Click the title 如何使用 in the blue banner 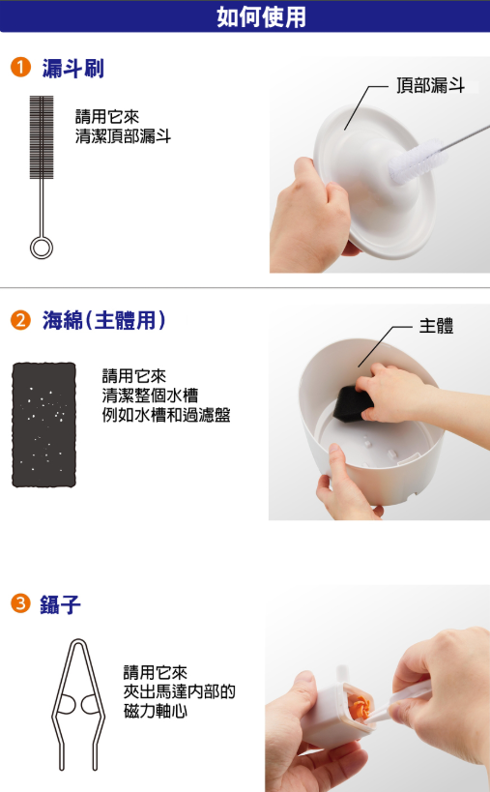261,16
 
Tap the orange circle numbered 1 20,67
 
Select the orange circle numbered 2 20,320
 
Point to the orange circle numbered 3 20,603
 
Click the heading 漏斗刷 72,69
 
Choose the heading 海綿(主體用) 103,320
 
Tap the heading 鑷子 61,604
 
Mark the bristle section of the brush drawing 42,137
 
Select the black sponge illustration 43,425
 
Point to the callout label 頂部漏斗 430,85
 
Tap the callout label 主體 436,326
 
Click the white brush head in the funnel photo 417,161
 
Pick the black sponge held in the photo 352,403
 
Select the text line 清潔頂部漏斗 123,136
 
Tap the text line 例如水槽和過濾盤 166,415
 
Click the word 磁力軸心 156,711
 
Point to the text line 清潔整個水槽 150,395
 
